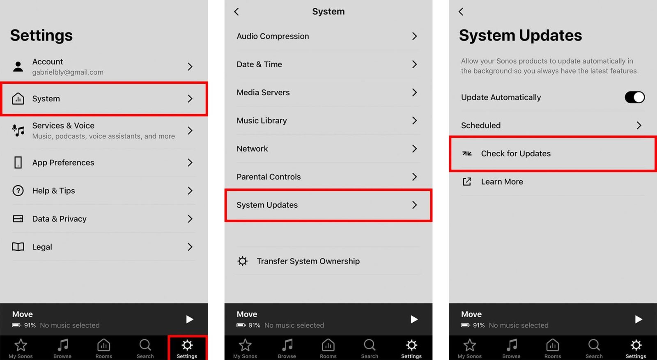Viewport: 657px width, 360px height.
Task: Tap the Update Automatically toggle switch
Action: click(x=634, y=97)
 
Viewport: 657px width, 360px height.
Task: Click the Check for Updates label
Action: click(x=516, y=154)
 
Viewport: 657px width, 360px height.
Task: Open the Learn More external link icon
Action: click(x=467, y=181)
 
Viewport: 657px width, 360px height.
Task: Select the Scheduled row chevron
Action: click(x=639, y=125)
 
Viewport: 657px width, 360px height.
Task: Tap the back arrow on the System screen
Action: click(x=237, y=11)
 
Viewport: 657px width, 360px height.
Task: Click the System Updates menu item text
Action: click(x=267, y=205)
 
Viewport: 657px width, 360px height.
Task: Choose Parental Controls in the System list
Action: click(x=269, y=177)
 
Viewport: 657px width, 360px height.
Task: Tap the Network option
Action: click(x=252, y=149)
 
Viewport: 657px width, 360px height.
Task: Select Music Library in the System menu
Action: click(x=262, y=121)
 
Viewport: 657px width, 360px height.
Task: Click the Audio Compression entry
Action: click(x=273, y=36)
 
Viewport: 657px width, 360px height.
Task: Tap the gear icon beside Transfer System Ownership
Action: click(x=243, y=261)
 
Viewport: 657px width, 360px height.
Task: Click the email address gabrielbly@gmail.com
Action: click(x=68, y=72)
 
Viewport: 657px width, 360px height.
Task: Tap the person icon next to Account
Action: click(x=18, y=66)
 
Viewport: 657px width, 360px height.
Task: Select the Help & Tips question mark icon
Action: click(x=18, y=190)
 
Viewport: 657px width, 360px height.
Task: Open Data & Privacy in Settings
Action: click(x=59, y=219)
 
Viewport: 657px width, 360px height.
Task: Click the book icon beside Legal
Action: click(x=18, y=247)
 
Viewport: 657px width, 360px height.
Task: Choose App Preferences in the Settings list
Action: click(x=63, y=163)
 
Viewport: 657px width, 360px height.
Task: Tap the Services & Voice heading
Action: click(x=63, y=126)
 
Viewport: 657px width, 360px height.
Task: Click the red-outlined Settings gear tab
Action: click(x=187, y=348)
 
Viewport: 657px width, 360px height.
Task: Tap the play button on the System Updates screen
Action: click(x=638, y=319)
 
